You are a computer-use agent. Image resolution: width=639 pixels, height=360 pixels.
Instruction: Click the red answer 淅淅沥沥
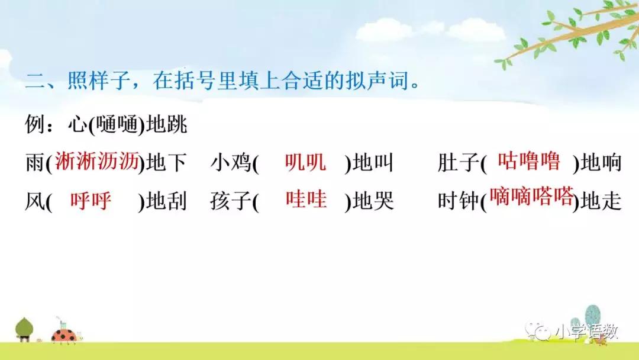(97, 162)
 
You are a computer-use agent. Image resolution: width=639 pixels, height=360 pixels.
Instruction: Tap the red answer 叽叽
(305, 162)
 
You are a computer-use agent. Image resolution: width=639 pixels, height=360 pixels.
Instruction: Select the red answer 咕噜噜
(529, 161)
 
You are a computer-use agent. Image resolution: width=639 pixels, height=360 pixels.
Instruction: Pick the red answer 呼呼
(91, 201)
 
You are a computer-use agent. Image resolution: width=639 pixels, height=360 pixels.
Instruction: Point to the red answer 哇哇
(306, 200)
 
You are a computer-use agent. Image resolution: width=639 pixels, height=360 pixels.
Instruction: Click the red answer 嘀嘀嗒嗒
(531, 197)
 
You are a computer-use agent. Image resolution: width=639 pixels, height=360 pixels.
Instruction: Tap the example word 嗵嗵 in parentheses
(118, 125)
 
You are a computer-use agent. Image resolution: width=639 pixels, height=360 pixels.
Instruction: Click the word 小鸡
(231, 163)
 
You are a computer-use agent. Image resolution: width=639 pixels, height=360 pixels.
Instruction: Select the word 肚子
(459, 163)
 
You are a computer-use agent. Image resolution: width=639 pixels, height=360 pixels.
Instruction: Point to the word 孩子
(231, 201)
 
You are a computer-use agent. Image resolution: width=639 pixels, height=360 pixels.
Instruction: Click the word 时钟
(459, 201)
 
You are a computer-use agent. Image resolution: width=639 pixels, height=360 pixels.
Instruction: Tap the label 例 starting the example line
(35, 124)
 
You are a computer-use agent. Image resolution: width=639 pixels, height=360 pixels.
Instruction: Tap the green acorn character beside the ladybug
(24, 329)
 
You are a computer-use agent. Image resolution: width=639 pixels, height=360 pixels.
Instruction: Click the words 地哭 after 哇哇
(373, 201)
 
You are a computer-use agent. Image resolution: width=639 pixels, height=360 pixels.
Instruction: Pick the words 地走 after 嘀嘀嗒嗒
(601, 201)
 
